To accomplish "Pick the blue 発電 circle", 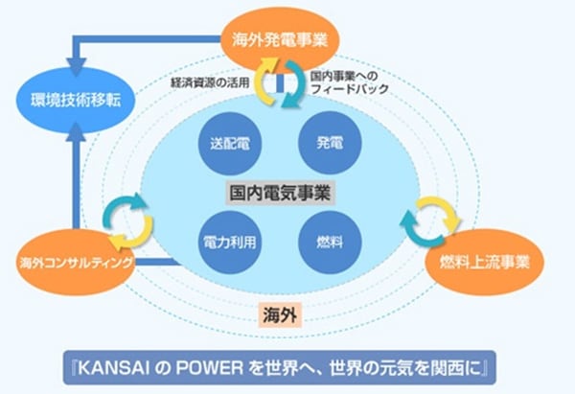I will [328, 144].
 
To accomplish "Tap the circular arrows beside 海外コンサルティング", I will [128, 219].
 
